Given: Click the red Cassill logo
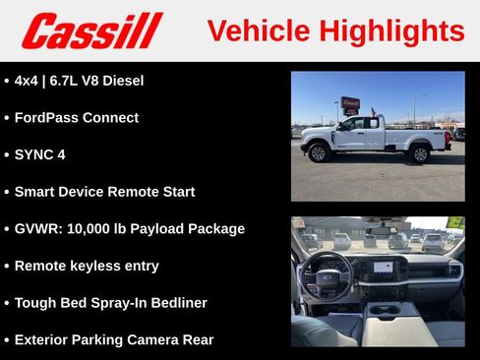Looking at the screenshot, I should [x=91, y=30].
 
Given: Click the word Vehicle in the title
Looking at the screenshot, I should [x=258, y=30].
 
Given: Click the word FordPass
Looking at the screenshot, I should [x=46, y=117].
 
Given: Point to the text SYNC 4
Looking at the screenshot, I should [x=40, y=154].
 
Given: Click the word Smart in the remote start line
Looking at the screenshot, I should [x=34, y=192].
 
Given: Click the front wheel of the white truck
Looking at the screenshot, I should [x=318, y=152].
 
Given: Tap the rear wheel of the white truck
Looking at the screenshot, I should [x=420, y=153].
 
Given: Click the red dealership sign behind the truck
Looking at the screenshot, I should [x=350, y=102].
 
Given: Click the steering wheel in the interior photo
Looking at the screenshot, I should [x=326, y=274].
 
